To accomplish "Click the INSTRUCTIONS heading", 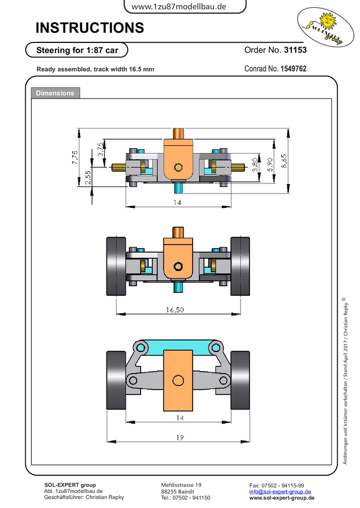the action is pyautogui.click(x=90, y=28).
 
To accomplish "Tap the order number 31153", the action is pyautogui.click(x=295, y=50).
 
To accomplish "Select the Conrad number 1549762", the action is pyautogui.click(x=293, y=69).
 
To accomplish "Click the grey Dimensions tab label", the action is pyautogui.click(x=55, y=93).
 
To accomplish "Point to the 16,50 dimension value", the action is pyautogui.click(x=175, y=310).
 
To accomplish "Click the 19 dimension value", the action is pyautogui.click(x=180, y=437).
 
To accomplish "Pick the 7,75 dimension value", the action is pyautogui.click(x=75, y=157).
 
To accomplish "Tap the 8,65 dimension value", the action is pyautogui.click(x=283, y=161).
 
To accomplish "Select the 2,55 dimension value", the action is pyautogui.click(x=88, y=178).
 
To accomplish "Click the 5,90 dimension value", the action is pyautogui.click(x=270, y=164).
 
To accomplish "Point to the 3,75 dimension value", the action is pyautogui.click(x=101, y=149).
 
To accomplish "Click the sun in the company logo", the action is pyautogui.click(x=328, y=20).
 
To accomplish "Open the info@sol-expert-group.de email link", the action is pyautogui.click(x=280, y=491).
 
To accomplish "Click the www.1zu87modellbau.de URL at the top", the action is pyautogui.click(x=179, y=7).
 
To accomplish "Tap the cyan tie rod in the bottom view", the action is pyautogui.click(x=178, y=348).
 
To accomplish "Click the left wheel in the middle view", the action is pyautogui.click(x=117, y=266).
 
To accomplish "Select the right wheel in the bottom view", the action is pyautogui.click(x=240, y=380).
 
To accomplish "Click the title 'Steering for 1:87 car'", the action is pyautogui.click(x=77, y=50).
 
